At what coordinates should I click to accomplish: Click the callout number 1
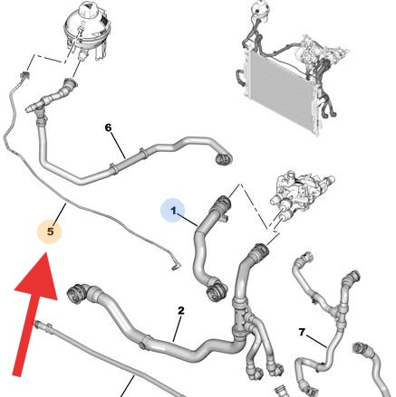[173, 211]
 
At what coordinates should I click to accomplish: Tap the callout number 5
[50, 232]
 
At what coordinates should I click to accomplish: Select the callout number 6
[108, 128]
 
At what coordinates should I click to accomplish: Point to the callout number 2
[180, 310]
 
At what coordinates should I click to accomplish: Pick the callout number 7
[302, 332]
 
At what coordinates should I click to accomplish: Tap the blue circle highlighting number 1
[173, 210]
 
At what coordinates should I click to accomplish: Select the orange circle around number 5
[50, 232]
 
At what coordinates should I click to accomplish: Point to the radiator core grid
[279, 90]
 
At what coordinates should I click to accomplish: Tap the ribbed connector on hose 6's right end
[223, 158]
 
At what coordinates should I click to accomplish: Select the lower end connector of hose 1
[216, 291]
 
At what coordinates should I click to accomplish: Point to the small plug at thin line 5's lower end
[176, 266]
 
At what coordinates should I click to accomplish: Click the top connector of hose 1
[222, 203]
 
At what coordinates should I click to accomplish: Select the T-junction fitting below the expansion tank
[37, 107]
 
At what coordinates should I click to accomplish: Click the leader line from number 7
[316, 341]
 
